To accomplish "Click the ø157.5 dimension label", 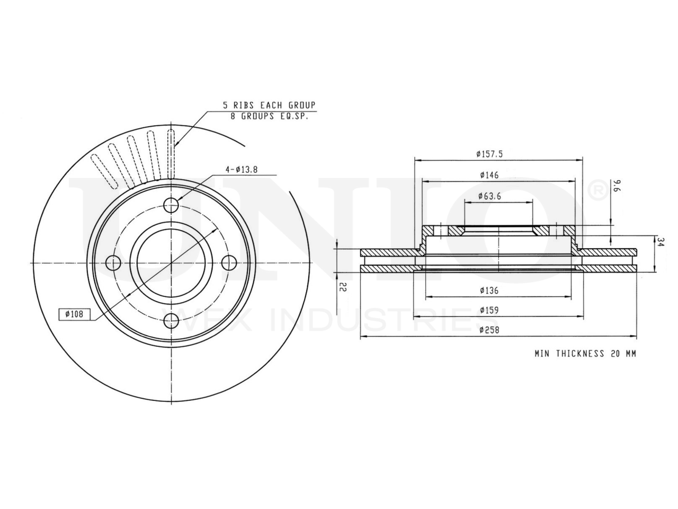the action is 489,154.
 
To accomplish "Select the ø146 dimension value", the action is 489,175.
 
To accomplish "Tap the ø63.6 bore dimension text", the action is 489,196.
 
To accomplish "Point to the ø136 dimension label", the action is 489,291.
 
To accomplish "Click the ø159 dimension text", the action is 489,310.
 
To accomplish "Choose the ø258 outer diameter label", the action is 489,330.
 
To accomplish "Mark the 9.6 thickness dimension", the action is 616,186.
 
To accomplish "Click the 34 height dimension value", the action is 661,242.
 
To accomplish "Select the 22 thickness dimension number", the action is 343,287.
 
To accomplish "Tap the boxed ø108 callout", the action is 75,314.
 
